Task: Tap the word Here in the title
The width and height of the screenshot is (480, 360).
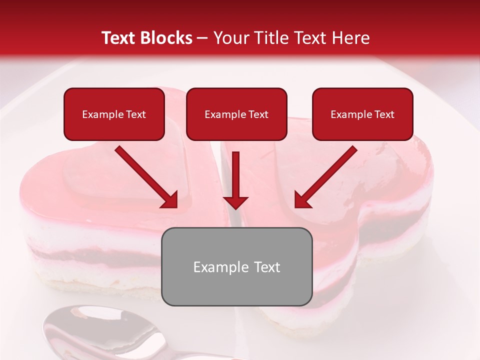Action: [351, 38]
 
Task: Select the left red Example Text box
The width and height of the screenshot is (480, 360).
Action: [114, 114]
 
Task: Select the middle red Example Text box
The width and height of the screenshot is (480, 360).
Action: [236, 114]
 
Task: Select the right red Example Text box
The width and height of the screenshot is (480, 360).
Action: [362, 114]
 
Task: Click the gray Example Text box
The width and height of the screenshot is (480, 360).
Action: [236, 266]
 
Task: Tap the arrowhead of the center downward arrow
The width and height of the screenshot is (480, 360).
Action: [236, 201]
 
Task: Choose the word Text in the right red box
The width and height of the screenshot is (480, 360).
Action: [383, 114]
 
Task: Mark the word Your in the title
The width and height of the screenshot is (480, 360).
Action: [230, 38]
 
